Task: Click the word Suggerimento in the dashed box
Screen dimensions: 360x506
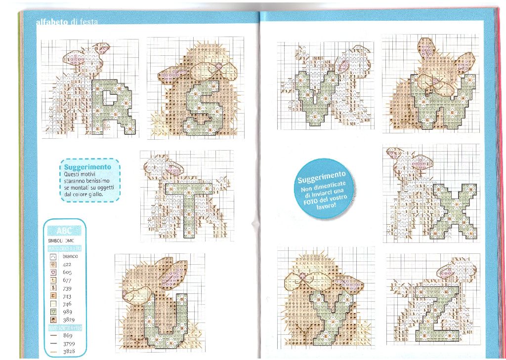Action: [87, 167]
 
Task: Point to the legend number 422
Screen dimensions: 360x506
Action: [67, 264]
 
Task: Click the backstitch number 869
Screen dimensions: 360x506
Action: [68, 335]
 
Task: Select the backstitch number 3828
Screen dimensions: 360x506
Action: [69, 351]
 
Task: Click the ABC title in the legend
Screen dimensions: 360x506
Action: [65, 231]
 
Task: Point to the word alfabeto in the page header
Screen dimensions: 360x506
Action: [52, 23]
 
